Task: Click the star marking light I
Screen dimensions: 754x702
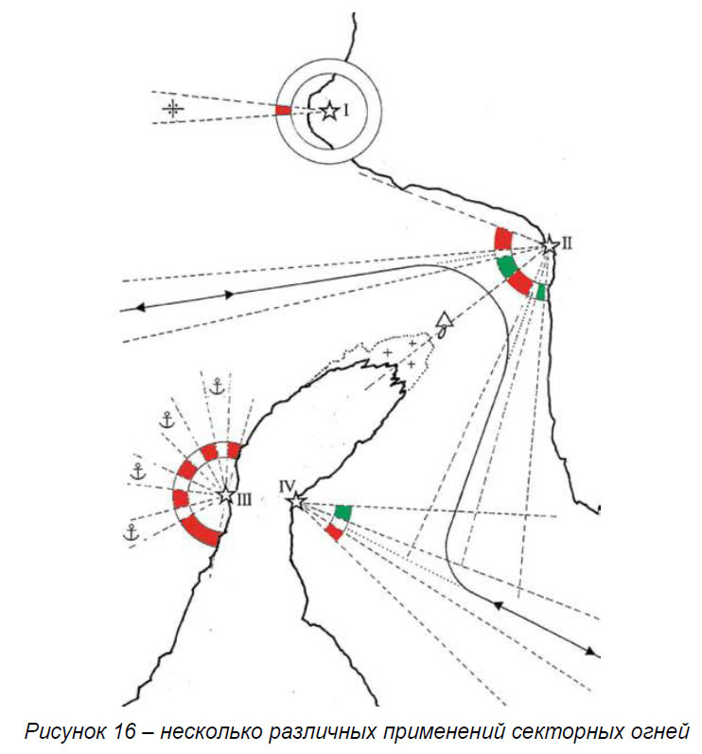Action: click(x=328, y=112)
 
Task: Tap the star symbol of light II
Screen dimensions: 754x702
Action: click(x=549, y=245)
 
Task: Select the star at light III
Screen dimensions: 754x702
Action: click(x=226, y=495)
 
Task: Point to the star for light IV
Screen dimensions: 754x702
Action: click(x=298, y=500)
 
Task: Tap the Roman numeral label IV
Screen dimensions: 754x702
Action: click(x=288, y=486)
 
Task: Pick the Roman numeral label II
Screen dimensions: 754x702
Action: click(x=567, y=242)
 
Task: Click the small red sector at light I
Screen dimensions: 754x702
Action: click(x=283, y=111)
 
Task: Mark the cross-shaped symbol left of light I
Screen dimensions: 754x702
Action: click(x=171, y=109)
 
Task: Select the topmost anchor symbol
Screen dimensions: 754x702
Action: click(x=217, y=386)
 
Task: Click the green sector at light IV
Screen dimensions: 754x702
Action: click(x=342, y=512)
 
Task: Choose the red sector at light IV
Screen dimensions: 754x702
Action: click(x=333, y=531)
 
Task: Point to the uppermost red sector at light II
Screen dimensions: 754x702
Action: click(x=503, y=238)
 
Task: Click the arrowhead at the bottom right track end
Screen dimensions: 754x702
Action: click(x=592, y=652)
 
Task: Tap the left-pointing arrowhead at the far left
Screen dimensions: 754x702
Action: click(x=138, y=307)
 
